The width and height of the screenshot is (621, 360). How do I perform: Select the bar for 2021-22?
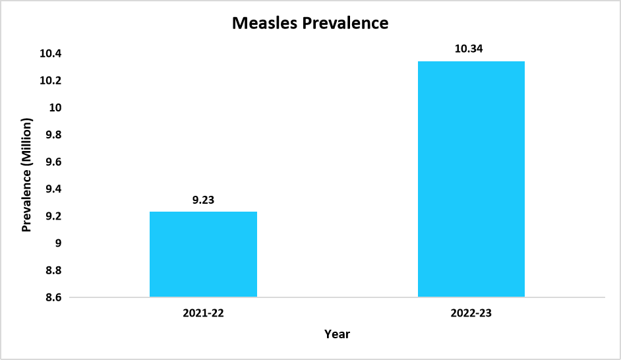[x=203, y=254]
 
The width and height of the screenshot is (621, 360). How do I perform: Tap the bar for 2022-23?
[x=471, y=179]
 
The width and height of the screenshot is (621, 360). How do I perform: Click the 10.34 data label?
[x=471, y=48]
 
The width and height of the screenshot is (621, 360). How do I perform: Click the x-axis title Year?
[x=337, y=334]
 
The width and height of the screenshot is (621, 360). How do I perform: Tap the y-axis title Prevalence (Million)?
[x=27, y=175]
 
